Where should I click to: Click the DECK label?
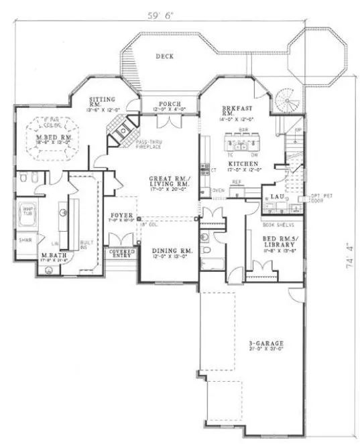click(164, 56)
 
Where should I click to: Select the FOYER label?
click(121, 214)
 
